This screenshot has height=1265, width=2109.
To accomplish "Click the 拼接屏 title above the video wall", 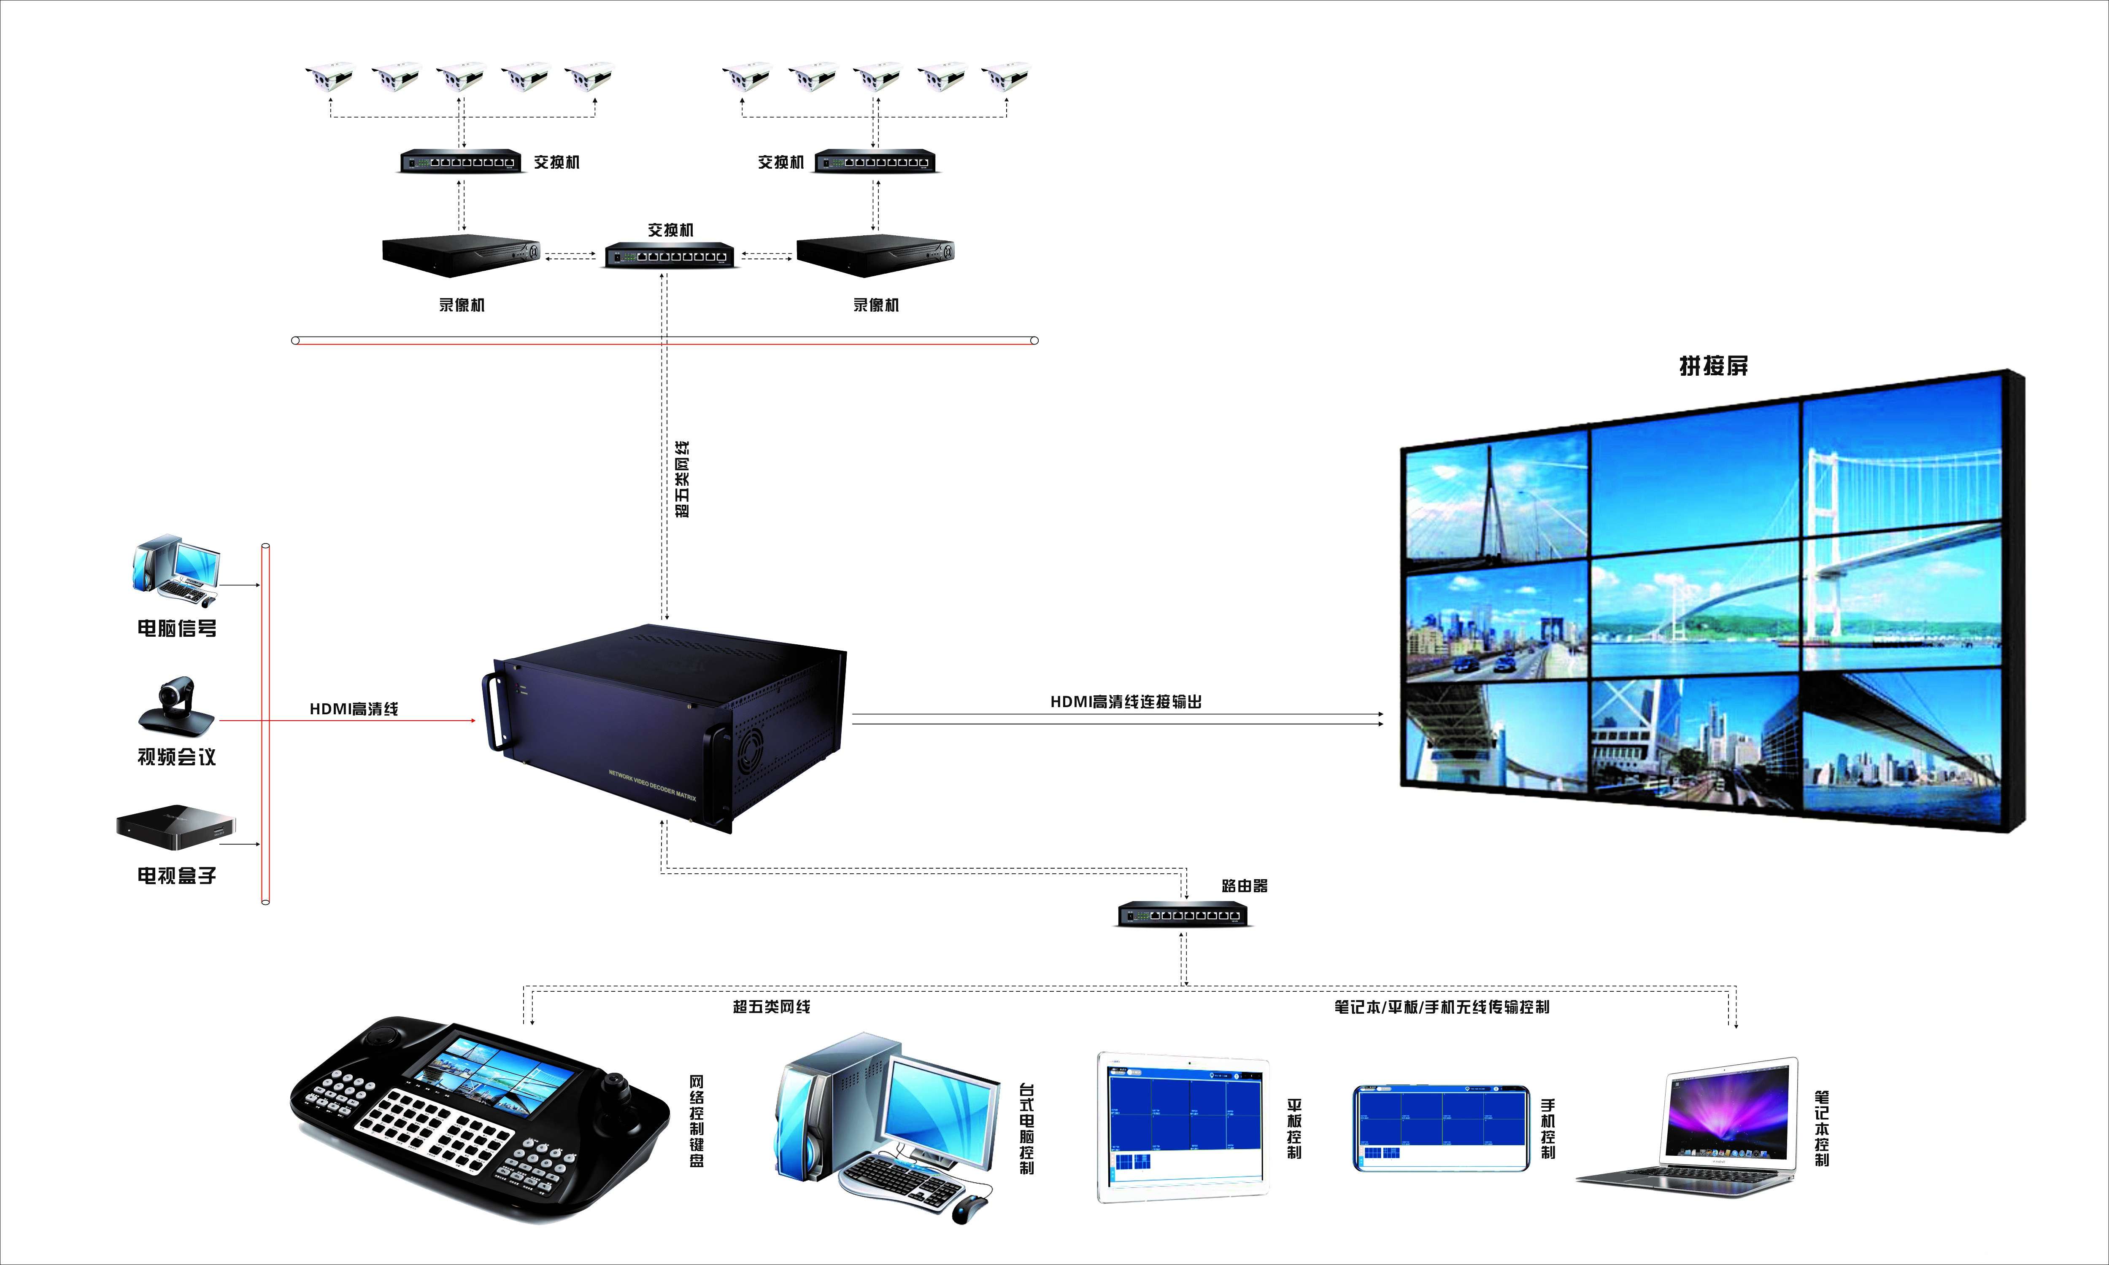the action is pyautogui.click(x=1713, y=366).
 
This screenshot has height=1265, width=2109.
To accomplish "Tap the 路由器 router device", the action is pyautogui.click(x=1183, y=915).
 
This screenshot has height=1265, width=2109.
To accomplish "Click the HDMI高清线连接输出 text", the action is pyautogui.click(x=1126, y=702).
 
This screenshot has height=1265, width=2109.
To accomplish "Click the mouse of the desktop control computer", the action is pyautogui.click(x=969, y=1209).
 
